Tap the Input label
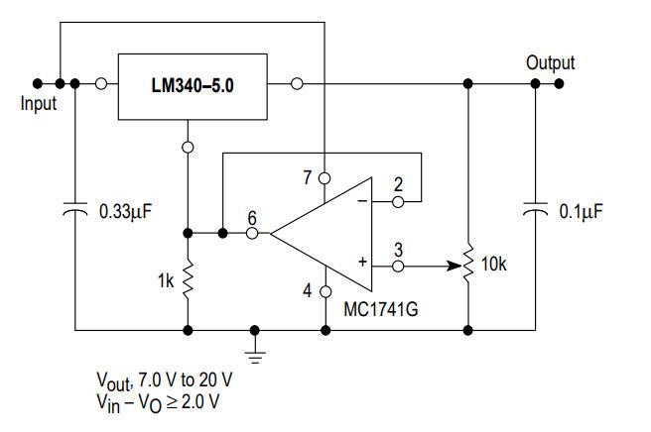(x=39, y=103)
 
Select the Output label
(x=550, y=63)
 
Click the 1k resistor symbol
(x=189, y=280)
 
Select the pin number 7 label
(x=309, y=177)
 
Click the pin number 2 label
(x=398, y=183)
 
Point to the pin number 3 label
(x=398, y=248)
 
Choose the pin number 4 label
(x=309, y=291)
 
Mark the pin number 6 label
(x=253, y=216)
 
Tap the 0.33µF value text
(x=125, y=211)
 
